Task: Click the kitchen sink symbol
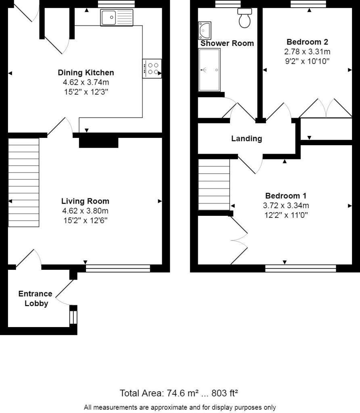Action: click(x=117, y=18)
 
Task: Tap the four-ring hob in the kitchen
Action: click(x=152, y=69)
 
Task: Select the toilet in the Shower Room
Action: click(x=245, y=18)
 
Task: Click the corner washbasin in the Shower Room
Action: click(x=205, y=30)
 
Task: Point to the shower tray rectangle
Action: click(x=209, y=70)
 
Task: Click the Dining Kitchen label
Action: click(x=86, y=73)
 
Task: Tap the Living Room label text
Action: click(x=85, y=201)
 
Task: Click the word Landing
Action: click(x=247, y=139)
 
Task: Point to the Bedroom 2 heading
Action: click(x=307, y=42)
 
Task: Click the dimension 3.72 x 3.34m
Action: click(x=285, y=205)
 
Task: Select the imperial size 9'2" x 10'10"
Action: click(x=307, y=61)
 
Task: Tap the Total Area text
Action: click(x=179, y=393)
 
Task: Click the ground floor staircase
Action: click(x=24, y=183)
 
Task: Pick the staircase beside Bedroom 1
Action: click(x=214, y=184)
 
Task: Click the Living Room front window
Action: click(x=118, y=268)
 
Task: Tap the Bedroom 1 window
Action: click(x=300, y=268)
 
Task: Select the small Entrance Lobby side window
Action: click(x=73, y=315)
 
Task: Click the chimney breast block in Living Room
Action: click(x=98, y=142)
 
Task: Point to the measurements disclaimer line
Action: click(x=180, y=407)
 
